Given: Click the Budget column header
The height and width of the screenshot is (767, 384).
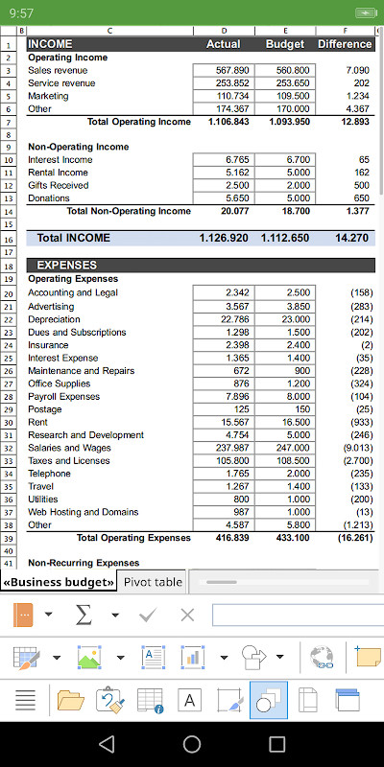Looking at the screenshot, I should click(x=284, y=44).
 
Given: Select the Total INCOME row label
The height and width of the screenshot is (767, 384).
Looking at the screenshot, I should click(x=73, y=237).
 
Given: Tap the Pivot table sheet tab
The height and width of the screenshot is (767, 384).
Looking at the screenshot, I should click(x=153, y=582).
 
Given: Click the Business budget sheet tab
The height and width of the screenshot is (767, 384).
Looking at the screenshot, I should click(x=60, y=582).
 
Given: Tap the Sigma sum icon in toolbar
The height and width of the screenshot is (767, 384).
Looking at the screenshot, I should click(x=84, y=615).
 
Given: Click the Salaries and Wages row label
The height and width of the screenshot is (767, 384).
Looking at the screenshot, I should click(x=69, y=448).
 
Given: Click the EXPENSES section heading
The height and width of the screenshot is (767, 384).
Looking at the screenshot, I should click(x=66, y=265).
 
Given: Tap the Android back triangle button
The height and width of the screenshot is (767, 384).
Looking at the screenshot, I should click(x=107, y=744).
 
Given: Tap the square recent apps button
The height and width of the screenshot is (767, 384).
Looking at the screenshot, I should click(x=277, y=744).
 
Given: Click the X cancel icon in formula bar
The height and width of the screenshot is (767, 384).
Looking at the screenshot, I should click(x=187, y=615).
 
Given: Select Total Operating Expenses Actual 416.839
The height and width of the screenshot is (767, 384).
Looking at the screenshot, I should click(x=228, y=538).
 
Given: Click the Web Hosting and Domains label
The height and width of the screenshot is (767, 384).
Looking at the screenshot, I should click(x=83, y=512).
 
